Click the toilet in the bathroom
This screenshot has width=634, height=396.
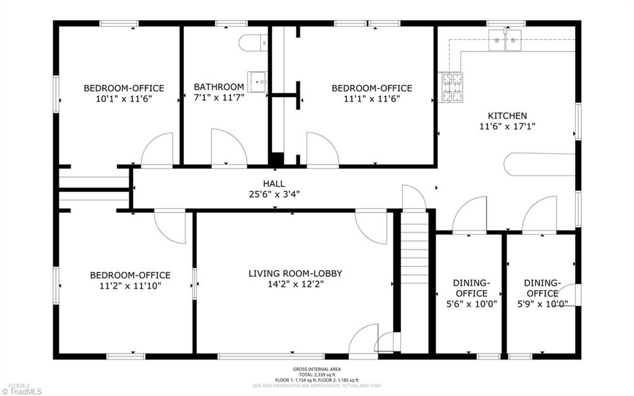pyautogui.click(x=253, y=43)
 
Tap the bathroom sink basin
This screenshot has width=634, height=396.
pyautogui.click(x=258, y=82)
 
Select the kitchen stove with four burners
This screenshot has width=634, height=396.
pyautogui.click(x=451, y=87)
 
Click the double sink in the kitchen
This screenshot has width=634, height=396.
pyautogui.click(x=505, y=40)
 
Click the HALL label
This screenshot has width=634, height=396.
pyautogui.click(x=274, y=184)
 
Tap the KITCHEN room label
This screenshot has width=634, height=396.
pyautogui.click(x=507, y=116)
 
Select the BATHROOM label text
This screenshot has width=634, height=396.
pyautogui.click(x=219, y=87)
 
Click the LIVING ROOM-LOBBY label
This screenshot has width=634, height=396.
pyautogui.click(x=295, y=274)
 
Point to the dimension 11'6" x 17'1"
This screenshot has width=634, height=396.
pyautogui.click(x=507, y=126)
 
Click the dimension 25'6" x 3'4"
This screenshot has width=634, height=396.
pyautogui.click(x=274, y=195)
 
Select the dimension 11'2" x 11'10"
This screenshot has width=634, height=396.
pyautogui.click(x=130, y=286)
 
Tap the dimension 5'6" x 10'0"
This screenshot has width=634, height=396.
pyautogui.click(x=471, y=304)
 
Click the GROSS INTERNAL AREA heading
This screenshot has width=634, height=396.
pyautogui.click(x=316, y=369)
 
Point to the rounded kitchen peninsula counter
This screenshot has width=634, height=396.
pyautogui.click(x=539, y=164)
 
